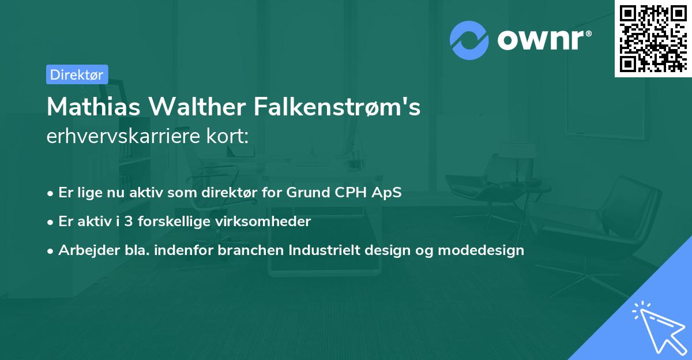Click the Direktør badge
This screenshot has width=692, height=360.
[x=77, y=74]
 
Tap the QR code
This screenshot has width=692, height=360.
[x=653, y=38]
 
